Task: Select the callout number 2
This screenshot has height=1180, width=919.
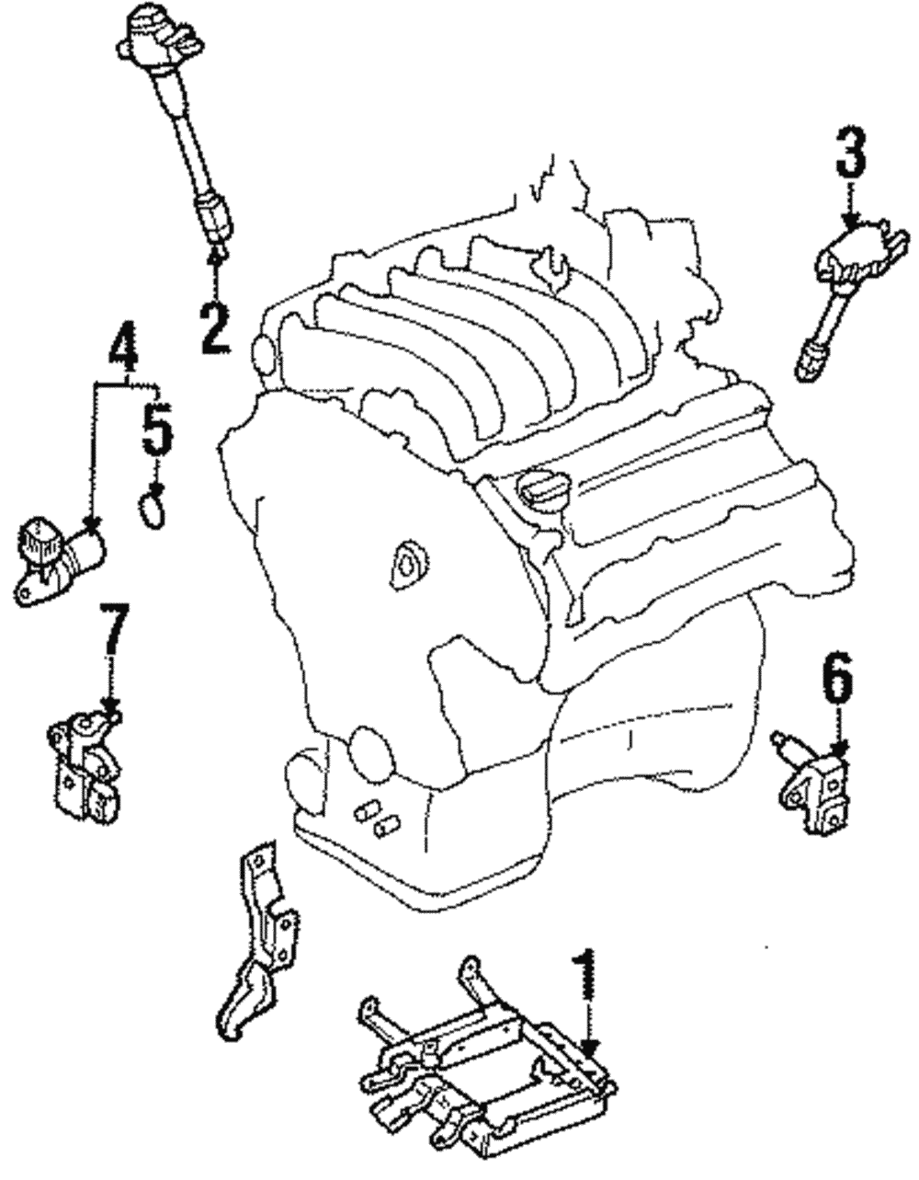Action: click(214, 317)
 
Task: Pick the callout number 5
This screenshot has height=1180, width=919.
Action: click(156, 428)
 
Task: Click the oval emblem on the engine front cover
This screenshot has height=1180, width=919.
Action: click(404, 563)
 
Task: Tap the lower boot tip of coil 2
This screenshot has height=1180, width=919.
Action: click(213, 221)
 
